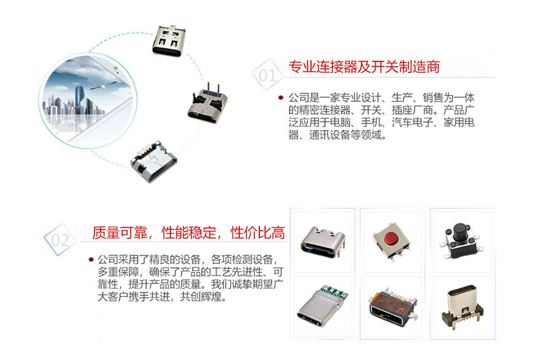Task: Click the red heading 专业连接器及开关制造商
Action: (364, 67)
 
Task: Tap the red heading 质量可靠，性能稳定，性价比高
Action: (188, 233)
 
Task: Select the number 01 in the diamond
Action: (267, 75)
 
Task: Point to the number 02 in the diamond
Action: (60, 240)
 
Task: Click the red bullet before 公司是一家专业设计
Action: (280, 98)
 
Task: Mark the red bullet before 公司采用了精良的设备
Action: (91, 259)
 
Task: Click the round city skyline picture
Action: (88, 101)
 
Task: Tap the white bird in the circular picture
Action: (104, 85)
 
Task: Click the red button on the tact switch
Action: (390, 239)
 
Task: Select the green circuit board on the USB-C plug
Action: (334, 293)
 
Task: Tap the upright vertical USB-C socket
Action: (462, 306)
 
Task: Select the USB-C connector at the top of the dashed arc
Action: (168, 41)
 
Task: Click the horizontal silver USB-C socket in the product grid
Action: (323, 242)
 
